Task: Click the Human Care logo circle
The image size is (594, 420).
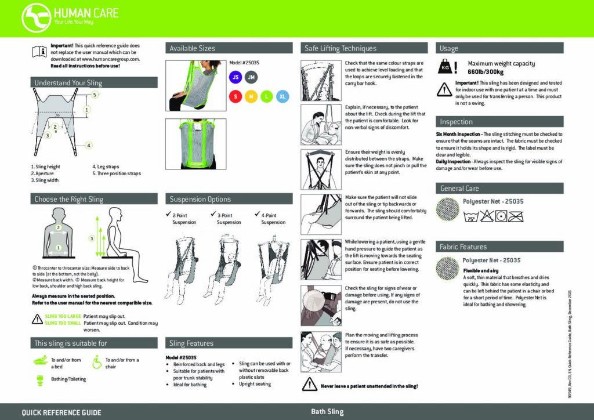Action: tap(35, 17)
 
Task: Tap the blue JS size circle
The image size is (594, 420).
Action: tap(235, 77)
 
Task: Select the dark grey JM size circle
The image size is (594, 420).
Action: tap(251, 77)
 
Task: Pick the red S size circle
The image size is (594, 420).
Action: tap(235, 97)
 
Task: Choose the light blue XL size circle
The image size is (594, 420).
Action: tap(282, 97)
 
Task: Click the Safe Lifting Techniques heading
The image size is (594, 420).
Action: tap(341, 49)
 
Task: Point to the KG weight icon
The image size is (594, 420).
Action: tap(445, 67)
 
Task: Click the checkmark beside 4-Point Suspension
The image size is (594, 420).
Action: tap(257, 215)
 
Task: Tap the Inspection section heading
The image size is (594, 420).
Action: tap(456, 122)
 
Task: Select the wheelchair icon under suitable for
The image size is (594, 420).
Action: tap(97, 363)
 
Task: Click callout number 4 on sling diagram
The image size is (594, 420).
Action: tap(89, 145)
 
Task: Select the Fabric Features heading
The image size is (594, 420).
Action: tap(463, 247)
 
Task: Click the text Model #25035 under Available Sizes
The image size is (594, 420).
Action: tap(244, 63)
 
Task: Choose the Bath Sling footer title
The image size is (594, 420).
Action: tap(327, 412)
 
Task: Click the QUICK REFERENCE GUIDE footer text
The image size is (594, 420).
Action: tap(61, 412)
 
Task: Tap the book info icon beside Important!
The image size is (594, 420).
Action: tap(39, 51)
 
